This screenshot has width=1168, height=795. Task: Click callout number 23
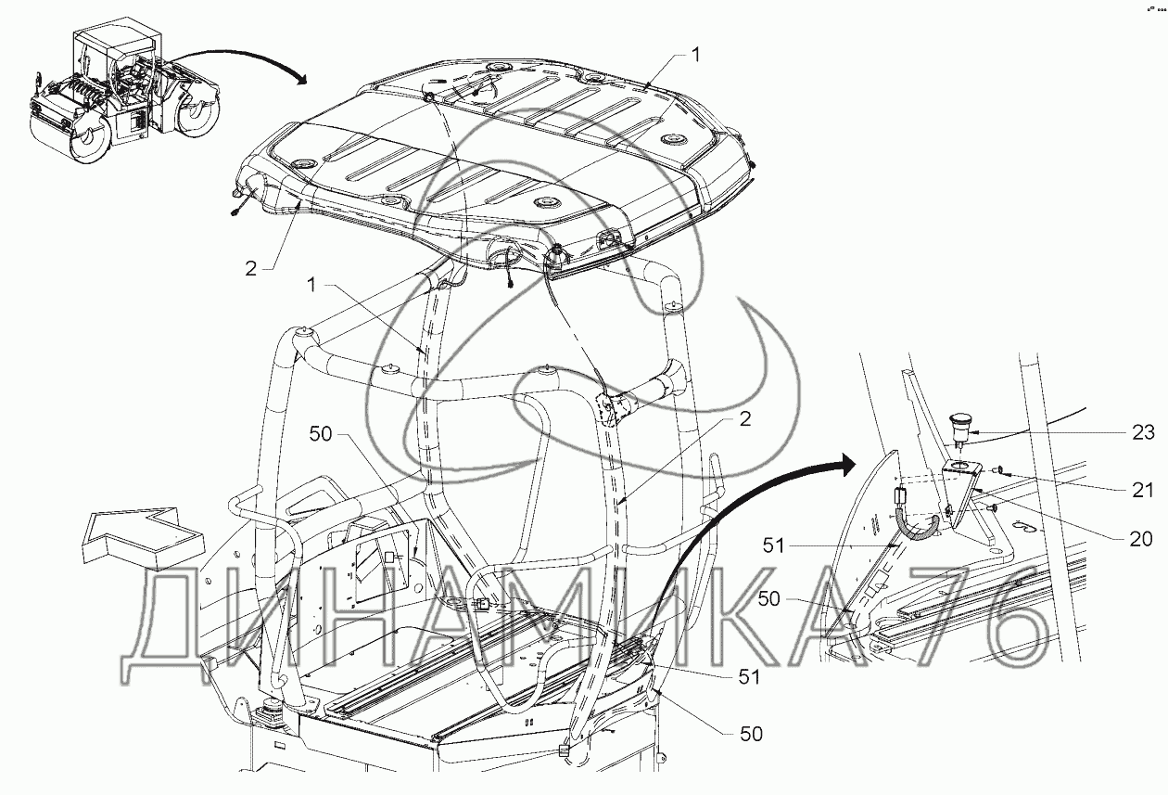[1143, 431]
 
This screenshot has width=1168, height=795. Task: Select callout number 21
[1143, 490]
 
